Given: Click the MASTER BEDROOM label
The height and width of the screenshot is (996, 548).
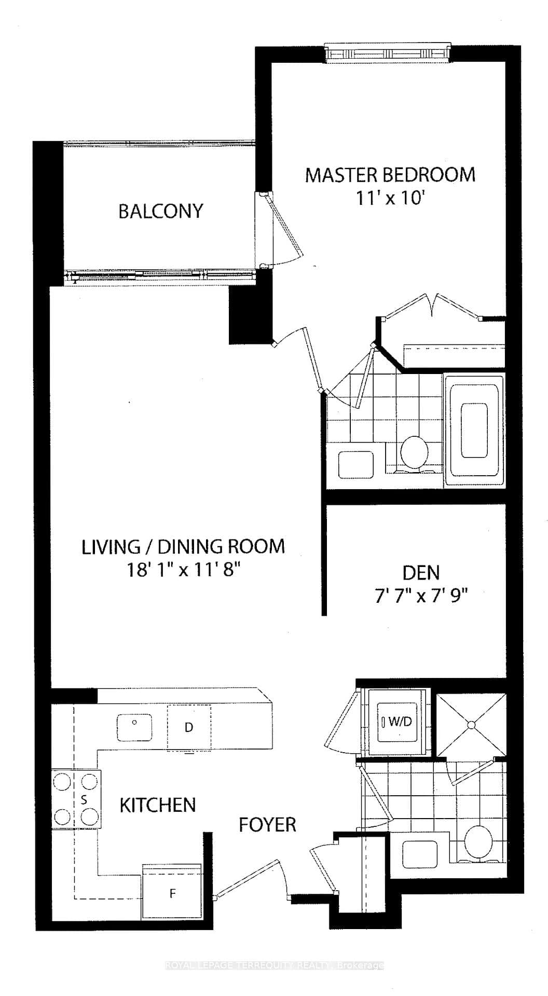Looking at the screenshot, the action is [390, 175].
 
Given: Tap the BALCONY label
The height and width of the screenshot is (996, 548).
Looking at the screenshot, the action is [161, 211].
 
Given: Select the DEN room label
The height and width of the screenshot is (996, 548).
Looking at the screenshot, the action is [421, 573].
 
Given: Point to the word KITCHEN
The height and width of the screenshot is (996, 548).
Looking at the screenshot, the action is [158, 805].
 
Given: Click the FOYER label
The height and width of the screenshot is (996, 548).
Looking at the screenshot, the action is [267, 824].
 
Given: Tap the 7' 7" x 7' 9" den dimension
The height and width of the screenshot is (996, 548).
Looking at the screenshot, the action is [421, 596].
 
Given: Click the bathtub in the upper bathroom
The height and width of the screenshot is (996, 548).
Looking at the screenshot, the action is [474, 430].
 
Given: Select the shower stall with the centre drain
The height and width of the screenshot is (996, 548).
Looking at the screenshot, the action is [471, 725].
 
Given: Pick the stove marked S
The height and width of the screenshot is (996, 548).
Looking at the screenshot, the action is [76, 799].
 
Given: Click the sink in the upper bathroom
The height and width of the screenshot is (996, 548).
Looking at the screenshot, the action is [356, 464].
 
